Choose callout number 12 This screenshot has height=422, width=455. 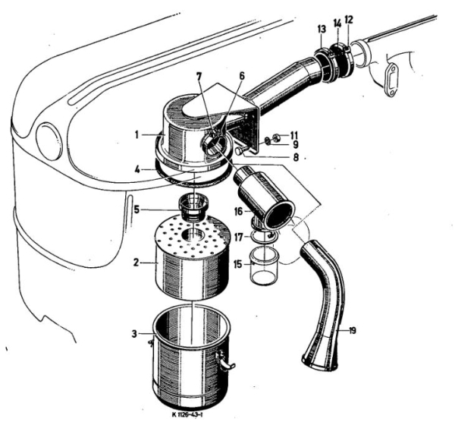point(348,18)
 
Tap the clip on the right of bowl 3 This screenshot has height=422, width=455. point(225,363)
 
